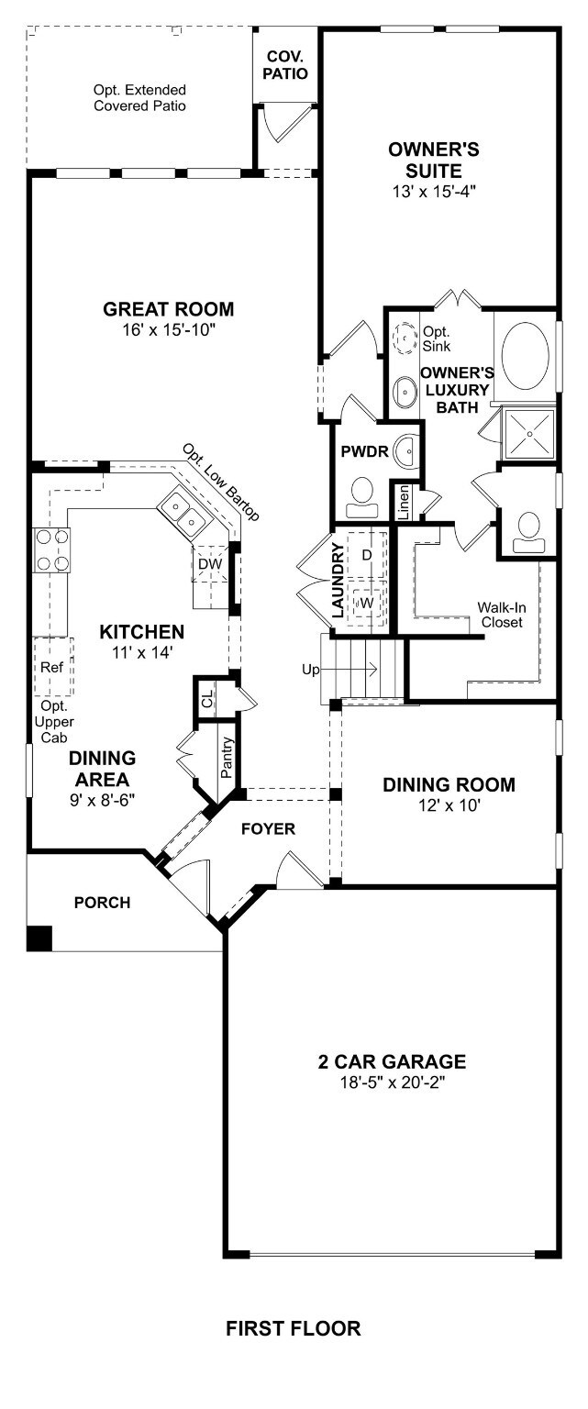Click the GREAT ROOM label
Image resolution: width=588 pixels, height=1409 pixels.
[x=168, y=309]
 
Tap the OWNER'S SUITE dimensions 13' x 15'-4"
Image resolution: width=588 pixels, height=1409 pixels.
[x=434, y=192]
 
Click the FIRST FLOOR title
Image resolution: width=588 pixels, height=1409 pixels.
[x=293, y=1328]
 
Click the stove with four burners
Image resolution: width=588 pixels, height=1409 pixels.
[x=51, y=549]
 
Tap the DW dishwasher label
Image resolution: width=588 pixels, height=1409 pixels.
[x=210, y=563]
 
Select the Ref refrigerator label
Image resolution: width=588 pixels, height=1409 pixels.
[x=51, y=667]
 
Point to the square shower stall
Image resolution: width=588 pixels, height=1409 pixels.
[x=531, y=432]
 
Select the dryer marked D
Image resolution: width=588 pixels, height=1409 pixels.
[x=367, y=555]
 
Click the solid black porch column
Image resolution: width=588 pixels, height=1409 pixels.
[x=39, y=937]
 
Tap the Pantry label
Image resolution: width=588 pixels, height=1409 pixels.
[x=227, y=758]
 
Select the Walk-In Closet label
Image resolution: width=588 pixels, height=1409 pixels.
[x=501, y=615]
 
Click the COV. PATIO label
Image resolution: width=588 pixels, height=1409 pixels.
[x=285, y=65]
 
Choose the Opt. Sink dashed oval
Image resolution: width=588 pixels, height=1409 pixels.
[x=405, y=338]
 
